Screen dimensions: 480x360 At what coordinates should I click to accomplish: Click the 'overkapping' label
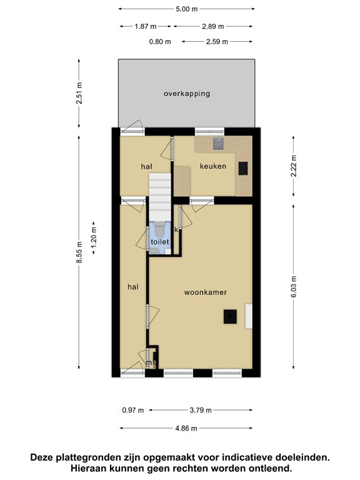coord(186,94)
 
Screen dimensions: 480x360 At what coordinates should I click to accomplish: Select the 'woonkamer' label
coord(205,292)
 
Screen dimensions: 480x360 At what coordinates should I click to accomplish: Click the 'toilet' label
coord(159,241)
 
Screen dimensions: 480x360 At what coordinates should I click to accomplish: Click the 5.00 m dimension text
coord(186,10)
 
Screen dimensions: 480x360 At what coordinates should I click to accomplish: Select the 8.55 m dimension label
coord(79,253)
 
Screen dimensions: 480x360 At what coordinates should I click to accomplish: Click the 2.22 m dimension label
coord(292,166)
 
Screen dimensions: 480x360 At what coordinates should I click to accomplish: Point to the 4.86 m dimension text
coord(186,428)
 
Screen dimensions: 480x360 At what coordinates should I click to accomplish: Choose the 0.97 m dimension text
coord(132,411)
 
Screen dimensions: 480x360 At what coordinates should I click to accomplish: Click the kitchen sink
coord(217,144)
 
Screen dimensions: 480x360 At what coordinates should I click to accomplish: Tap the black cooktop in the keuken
coord(242,167)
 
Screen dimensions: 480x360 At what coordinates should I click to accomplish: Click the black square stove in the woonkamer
coord(231,317)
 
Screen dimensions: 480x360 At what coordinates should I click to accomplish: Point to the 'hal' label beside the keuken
coord(146,166)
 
